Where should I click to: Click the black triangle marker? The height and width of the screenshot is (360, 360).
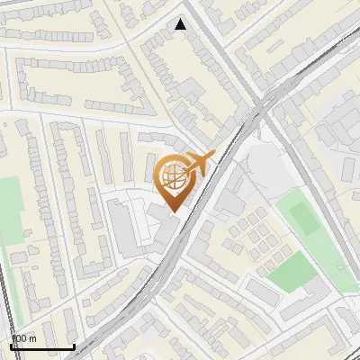(181, 24)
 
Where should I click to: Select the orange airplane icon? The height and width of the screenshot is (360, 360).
(199, 165)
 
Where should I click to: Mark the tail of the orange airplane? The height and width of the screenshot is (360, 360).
(185, 168)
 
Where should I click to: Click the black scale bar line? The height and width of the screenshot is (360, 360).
(42, 346)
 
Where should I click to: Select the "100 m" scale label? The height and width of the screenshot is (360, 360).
(24, 338)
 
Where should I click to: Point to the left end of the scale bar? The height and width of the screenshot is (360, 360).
(12, 346)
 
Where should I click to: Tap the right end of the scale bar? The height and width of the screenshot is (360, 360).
(74, 346)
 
